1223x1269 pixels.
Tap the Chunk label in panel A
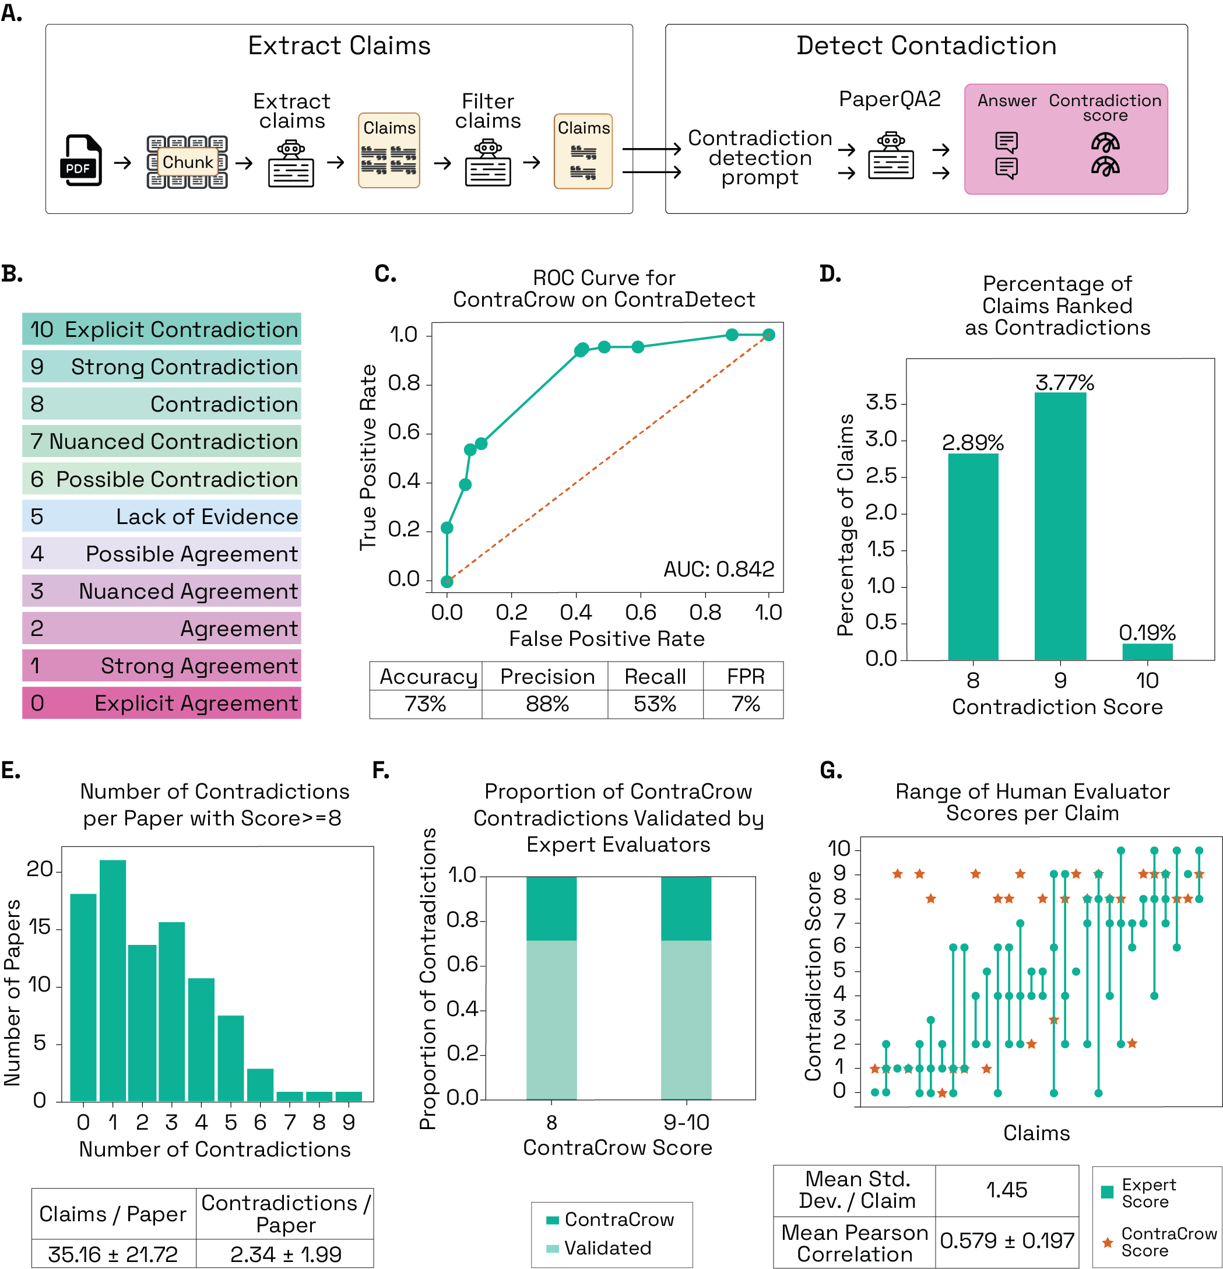click(187, 162)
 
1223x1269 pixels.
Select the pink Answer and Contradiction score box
click(1065, 139)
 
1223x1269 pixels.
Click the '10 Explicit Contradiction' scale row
click(161, 329)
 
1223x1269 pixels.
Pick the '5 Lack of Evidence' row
click(161, 516)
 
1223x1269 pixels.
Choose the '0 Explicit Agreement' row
click(161, 703)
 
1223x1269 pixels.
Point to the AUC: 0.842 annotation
click(718, 569)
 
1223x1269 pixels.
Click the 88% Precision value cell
click(546, 704)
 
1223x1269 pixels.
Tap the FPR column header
click(745, 677)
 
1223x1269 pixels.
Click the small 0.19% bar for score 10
click(1147, 651)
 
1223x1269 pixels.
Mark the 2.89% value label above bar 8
click(972, 443)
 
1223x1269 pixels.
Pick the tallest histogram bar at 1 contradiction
click(113, 980)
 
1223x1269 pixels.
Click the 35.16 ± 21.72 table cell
click(113, 1254)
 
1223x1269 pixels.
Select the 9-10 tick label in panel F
click(686, 1122)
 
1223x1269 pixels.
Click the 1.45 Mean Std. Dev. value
click(1006, 1190)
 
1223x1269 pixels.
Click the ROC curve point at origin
click(447, 581)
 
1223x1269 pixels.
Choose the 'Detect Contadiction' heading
click(926, 45)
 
